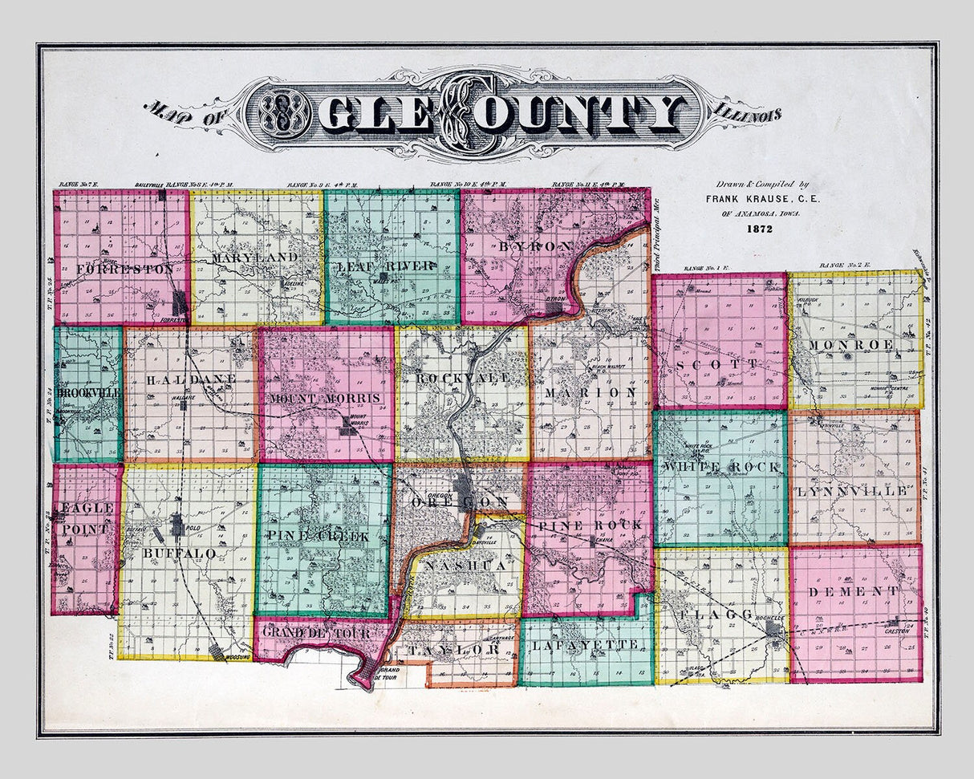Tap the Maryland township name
click(x=255, y=258)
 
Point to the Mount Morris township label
click(x=325, y=398)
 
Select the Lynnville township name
click(x=854, y=489)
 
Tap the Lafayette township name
click(x=586, y=644)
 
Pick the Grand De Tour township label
click(x=318, y=633)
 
